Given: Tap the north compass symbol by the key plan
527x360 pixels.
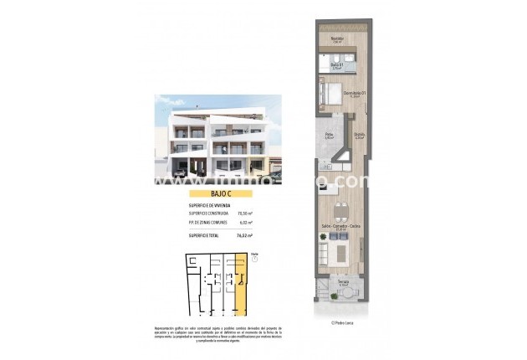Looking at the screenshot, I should [x=255, y=258].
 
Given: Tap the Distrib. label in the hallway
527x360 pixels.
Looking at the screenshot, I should [x=358, y=136].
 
